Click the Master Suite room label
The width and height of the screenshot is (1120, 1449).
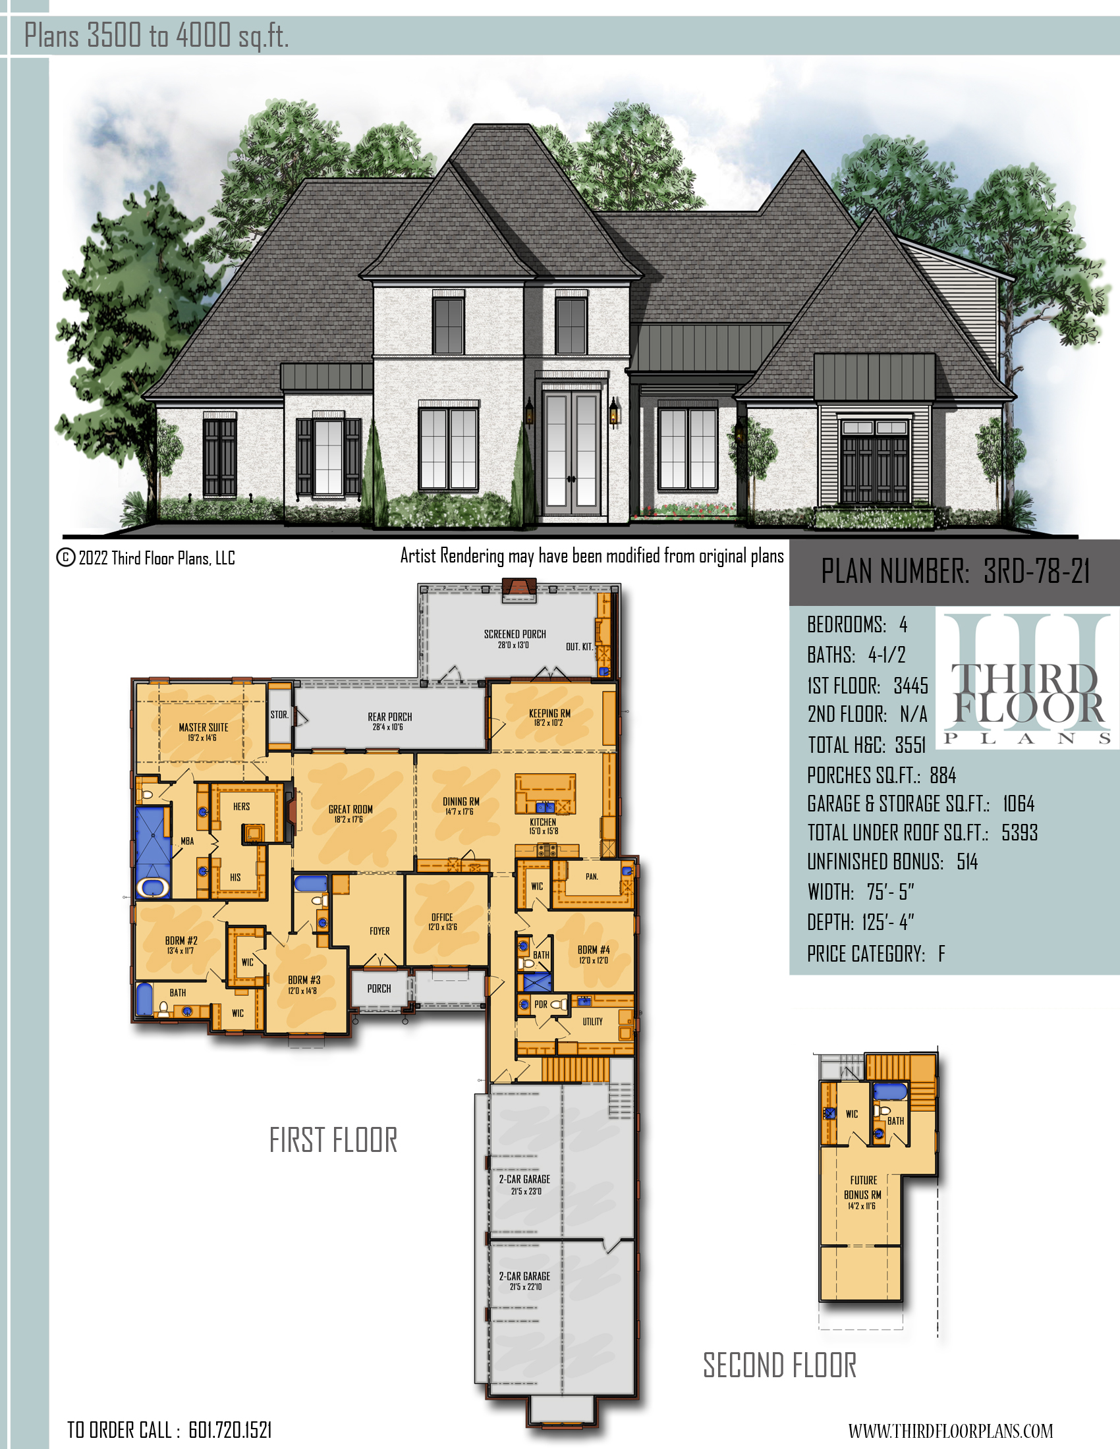click(203, 728)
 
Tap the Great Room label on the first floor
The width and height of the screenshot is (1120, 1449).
click(350, 809)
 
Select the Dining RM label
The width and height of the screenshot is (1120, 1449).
click(461, 802)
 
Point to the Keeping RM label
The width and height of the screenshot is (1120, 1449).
click(549, 713)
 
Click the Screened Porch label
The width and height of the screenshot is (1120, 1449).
click(515, 634)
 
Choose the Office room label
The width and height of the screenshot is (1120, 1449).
click(442, 917)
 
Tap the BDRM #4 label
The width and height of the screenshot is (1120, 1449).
click(593, 950)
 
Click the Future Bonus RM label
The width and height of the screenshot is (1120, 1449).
click(863, 1188)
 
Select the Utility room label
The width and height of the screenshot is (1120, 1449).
click(592, 1022)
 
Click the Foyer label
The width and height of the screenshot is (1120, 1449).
click(379, 931)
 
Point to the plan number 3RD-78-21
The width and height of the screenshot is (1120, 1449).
click(1036, 570)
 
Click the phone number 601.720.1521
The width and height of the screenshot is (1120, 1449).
click(230, 1430)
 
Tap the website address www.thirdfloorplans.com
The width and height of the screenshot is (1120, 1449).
click(950, 1431)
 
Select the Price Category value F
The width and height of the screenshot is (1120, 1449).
click(941, 954)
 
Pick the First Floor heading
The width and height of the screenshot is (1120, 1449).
click(333, 1141)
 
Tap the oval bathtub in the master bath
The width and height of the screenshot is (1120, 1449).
click(154, 887)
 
